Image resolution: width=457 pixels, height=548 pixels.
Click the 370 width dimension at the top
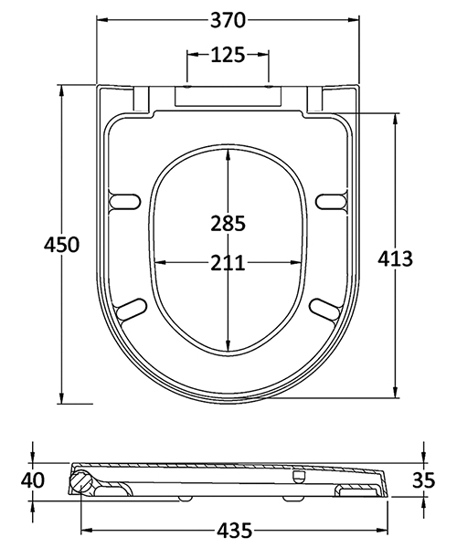click(228, 19)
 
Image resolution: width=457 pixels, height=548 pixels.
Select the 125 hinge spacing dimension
click(228, 55)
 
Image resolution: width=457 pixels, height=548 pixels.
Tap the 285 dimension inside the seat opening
click(228, 223)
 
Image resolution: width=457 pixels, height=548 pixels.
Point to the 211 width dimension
click(228, 264)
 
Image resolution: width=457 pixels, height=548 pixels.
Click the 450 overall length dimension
click(62, 245)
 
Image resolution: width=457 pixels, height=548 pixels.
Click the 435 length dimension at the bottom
click(228, 529)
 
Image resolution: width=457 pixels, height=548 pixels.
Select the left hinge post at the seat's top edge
click(143, 97)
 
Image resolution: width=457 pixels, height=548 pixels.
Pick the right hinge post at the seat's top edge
click(314, 97)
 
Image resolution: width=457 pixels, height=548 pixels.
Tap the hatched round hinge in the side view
click(81, 481)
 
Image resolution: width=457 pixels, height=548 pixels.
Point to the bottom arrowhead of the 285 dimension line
click(228, 349)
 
